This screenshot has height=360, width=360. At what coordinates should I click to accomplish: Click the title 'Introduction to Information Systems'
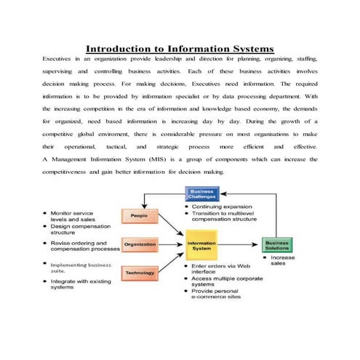click(180, 49)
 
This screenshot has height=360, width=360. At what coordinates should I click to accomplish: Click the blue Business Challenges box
click(202, 193)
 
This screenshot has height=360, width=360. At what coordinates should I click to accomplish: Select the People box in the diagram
click(140, 216)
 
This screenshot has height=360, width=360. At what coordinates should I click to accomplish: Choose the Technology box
click(140, 273)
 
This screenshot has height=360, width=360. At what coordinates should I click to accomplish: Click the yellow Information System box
click(201, 246)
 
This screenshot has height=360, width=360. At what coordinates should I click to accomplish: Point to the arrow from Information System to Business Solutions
click(241, 245)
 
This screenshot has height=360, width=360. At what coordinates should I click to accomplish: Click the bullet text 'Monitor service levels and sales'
click(73, 216)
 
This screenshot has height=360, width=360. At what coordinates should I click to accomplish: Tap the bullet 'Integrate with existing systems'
click(77, 284)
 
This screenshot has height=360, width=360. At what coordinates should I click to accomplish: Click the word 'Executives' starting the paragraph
click(56, 57)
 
